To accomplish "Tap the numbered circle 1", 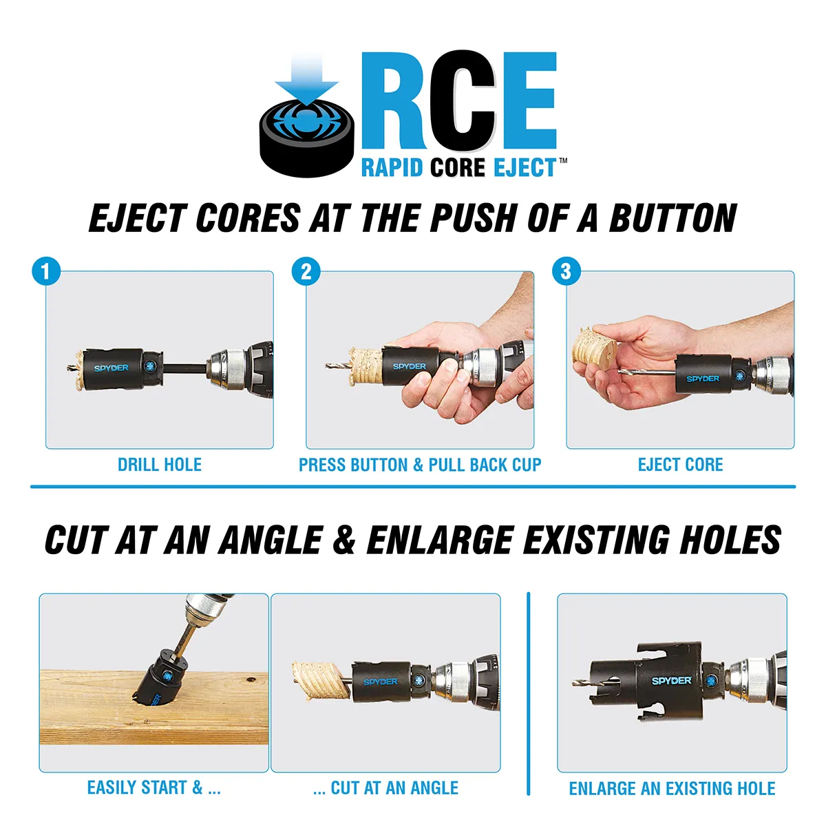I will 46,271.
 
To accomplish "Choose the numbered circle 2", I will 306,271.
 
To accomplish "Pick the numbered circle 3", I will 566,271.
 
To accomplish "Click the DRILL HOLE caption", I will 160,465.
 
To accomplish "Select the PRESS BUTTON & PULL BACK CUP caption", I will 420,465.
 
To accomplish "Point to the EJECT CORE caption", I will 680,465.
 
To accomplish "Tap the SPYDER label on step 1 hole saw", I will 112,368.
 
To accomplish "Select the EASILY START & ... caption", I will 153,787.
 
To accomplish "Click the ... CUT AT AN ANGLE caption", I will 385,787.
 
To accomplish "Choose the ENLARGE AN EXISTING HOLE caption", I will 672,788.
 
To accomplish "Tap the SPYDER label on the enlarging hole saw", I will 671,680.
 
